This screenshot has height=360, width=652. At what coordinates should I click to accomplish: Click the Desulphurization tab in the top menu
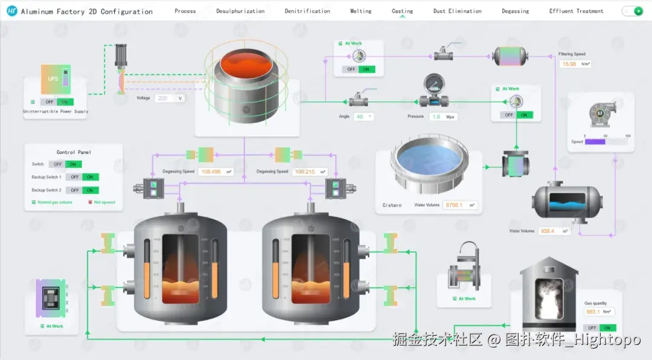click(240, 11)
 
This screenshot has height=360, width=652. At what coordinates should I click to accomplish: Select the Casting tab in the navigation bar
click(402, 11)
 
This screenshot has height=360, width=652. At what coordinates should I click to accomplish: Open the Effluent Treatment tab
click(576, 11)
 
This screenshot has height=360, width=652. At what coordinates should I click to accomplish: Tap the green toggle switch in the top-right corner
click(632, 11)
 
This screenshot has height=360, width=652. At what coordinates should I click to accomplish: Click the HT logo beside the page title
click(11, 11)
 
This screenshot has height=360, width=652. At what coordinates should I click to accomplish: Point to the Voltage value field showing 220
click(162, 98)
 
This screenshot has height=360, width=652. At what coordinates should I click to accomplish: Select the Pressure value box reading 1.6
click(436, 117)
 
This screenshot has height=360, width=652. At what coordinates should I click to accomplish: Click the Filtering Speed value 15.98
click(569, 64)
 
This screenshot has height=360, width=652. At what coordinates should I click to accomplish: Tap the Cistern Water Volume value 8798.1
click(453, 205)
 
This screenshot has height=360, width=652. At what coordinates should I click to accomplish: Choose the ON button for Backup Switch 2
click(90, 190)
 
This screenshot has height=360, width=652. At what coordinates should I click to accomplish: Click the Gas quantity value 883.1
click(593, 312)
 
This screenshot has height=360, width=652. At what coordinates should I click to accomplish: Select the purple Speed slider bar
click(594, 141)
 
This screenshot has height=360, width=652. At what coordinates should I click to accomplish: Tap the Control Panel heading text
click(74, 152)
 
